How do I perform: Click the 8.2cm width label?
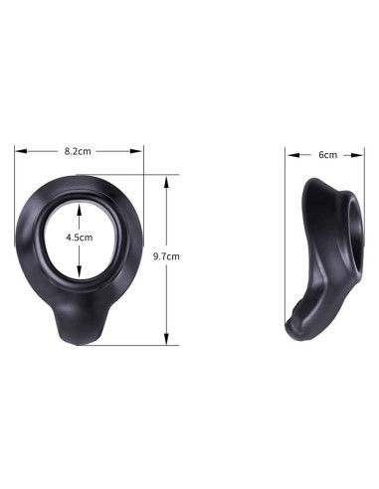(x=79, y=151)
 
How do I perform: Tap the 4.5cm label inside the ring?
(x=79, y=239)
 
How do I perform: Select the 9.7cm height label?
(x=166, y=257)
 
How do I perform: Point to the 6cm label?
(x=326, y=155)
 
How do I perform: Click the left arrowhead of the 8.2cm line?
(x=18, y=151)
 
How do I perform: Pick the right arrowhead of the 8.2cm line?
(x=141, y=151)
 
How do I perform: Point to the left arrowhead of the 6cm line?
(x=289, y=155)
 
